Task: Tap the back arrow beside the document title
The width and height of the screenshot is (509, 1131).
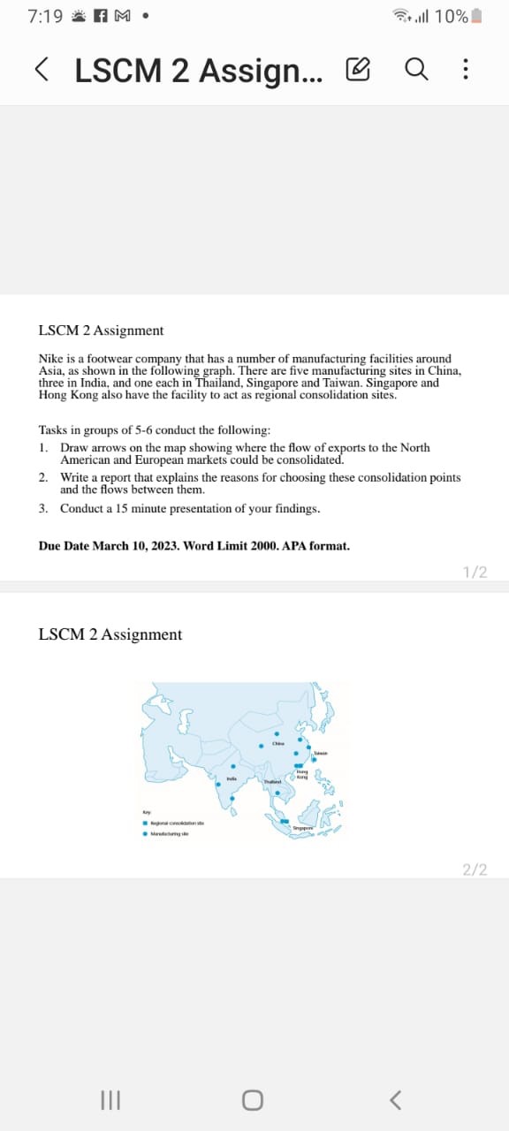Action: (42, 69)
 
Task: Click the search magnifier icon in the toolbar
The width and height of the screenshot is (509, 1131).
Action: (416, 69)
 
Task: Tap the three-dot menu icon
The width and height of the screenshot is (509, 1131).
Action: (466, 69)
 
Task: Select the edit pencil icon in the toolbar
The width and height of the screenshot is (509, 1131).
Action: (359, 69)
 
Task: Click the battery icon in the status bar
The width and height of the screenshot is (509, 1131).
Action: (477, 16)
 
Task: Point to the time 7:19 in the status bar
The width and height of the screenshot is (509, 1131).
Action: (45, 16)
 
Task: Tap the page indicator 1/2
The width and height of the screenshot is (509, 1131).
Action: (475, 573)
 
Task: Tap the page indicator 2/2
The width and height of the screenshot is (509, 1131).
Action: (475, 869)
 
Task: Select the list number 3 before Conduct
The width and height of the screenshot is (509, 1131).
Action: (43, 509)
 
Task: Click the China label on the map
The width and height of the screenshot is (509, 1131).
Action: (277, 744)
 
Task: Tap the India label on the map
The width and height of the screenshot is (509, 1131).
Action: (232, 778)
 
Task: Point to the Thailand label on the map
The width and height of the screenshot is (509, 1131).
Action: (271, 782)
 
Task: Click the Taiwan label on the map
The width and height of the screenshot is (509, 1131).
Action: (320, 754)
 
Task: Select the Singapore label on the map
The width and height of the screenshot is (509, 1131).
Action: (305, 828)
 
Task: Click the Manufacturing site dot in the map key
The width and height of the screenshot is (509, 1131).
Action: (146, 833)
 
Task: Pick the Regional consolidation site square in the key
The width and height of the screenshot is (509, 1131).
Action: (146, 823)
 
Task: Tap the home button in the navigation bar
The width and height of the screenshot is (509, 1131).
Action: (253, 1099)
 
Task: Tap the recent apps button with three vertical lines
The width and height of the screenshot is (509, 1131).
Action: (111, 1099)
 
